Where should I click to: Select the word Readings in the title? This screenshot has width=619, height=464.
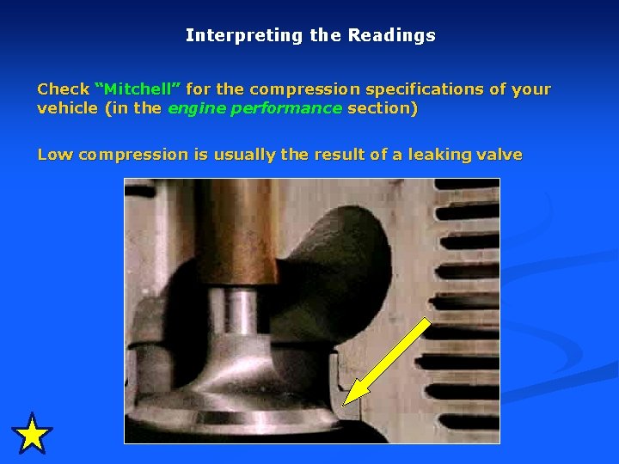point(391,36)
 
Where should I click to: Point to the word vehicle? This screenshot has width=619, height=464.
point(66,108)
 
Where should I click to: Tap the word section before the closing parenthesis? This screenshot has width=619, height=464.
point(379,108)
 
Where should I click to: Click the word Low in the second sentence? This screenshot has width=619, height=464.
point(55,155)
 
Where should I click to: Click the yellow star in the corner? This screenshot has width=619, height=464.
point(33,434)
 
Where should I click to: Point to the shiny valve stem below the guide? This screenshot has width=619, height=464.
point(242,314)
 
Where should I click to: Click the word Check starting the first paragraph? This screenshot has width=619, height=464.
point(63,89)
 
